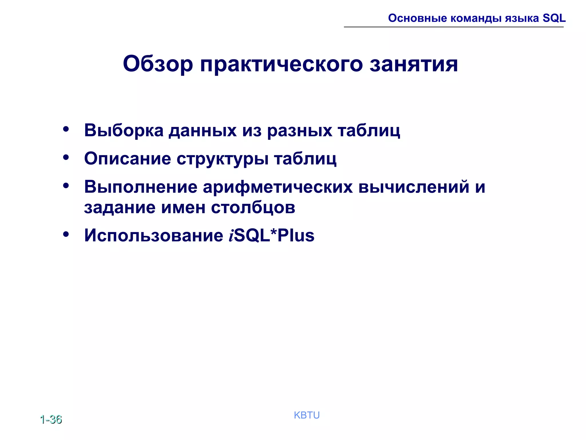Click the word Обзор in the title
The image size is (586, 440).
[158, 64]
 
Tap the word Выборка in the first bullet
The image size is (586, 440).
[124, 130]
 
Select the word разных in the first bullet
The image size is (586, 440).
[300, 131]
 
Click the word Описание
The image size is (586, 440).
[127, 158]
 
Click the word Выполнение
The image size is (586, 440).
[140, 187]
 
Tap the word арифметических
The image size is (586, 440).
[278, 187]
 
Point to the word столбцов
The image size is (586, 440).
[253, 207]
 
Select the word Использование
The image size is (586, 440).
[154, 235]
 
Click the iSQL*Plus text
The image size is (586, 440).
[272, 235]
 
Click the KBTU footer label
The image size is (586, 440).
[307, 415]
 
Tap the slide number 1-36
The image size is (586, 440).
[51, 419]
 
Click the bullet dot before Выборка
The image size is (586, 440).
[66, 129]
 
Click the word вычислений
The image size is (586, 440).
[413, 187]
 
